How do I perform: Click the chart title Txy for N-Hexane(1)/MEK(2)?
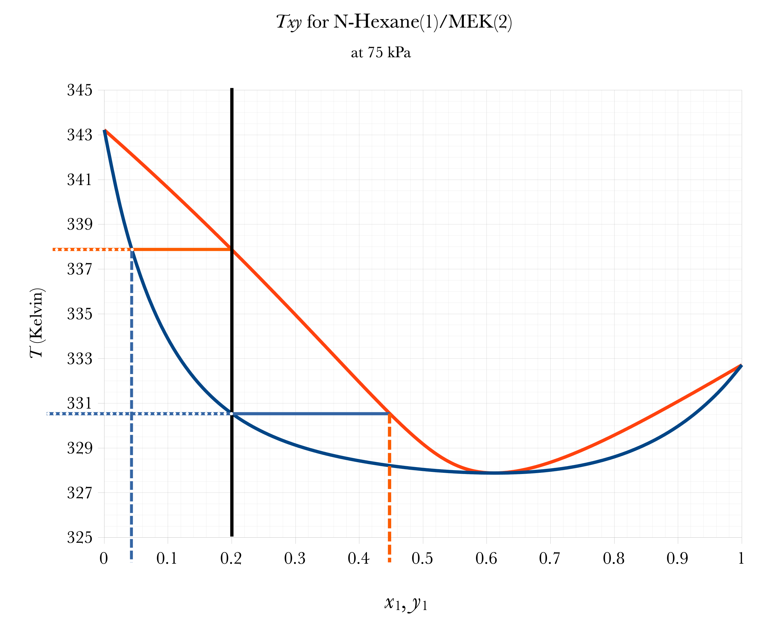tap(394, 22)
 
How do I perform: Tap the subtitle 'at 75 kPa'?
tap(381, 53)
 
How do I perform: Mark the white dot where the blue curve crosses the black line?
tap(232, 414)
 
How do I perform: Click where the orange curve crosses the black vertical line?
tap(232, 250)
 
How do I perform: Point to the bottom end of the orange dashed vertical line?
tap(390, 562)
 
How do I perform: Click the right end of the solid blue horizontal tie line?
tap(389, 414)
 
